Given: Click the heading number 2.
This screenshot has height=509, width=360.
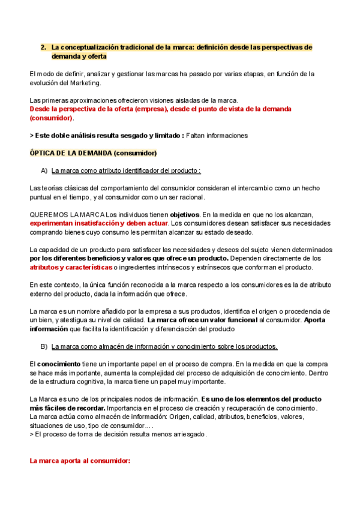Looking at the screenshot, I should tap(43, 47).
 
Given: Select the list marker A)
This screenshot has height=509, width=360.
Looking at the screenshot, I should tap(44, 170).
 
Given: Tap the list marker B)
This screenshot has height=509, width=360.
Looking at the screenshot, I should tap(44, 346).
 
